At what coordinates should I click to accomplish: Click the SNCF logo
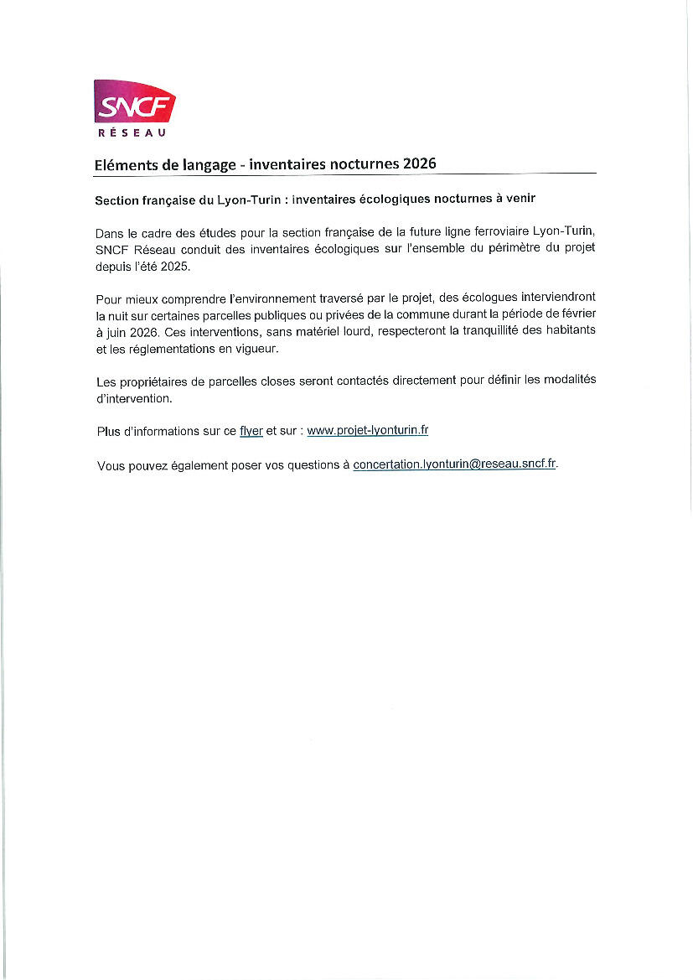134,104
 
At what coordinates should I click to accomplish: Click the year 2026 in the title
419,164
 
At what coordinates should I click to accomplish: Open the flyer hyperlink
251,431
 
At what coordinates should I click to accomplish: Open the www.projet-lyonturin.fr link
368,431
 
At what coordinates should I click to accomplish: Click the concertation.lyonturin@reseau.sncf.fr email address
455,464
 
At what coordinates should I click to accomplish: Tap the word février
576,314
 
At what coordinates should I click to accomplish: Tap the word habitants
568,331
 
